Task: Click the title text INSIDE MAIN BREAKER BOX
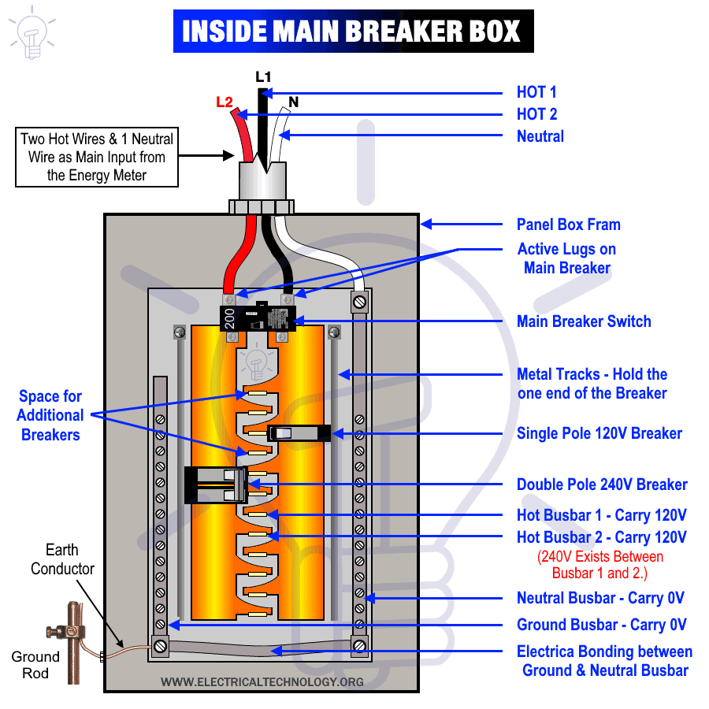click(352, 32)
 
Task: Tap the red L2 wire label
click(224, 102)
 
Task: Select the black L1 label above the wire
click(263, 77)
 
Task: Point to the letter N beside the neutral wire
click(293, 102)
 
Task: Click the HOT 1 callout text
click(536, 92)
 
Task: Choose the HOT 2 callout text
click(536, 114)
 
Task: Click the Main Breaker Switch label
click(584, 321)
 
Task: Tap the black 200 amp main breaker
click(258, 317)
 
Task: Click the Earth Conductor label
click(62, 559)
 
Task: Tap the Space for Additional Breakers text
click(50, 415)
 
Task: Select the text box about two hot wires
click(97, 157)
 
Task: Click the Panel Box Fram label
click(568, 225)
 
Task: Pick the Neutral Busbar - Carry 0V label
click(600, 598)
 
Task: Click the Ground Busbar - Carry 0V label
click(601, 625)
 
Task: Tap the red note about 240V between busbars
click(601, 565)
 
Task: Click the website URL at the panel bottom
click(262, 681)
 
